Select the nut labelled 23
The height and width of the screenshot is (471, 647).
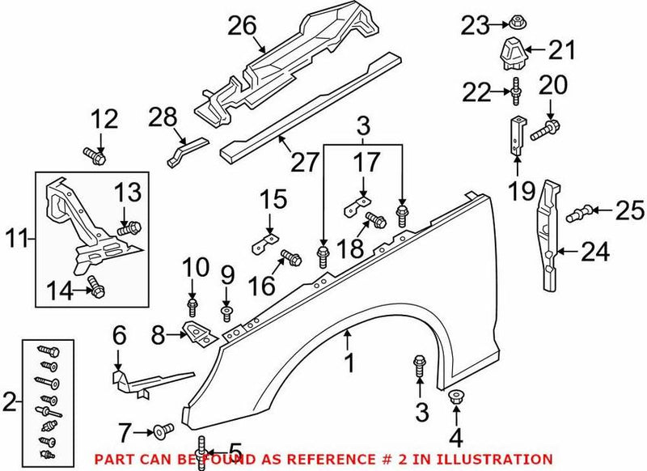(515, 24)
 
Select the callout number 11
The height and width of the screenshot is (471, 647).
(17, 239)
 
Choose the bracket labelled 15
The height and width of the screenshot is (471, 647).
(268, 240)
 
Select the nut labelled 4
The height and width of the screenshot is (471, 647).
(455, 398)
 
